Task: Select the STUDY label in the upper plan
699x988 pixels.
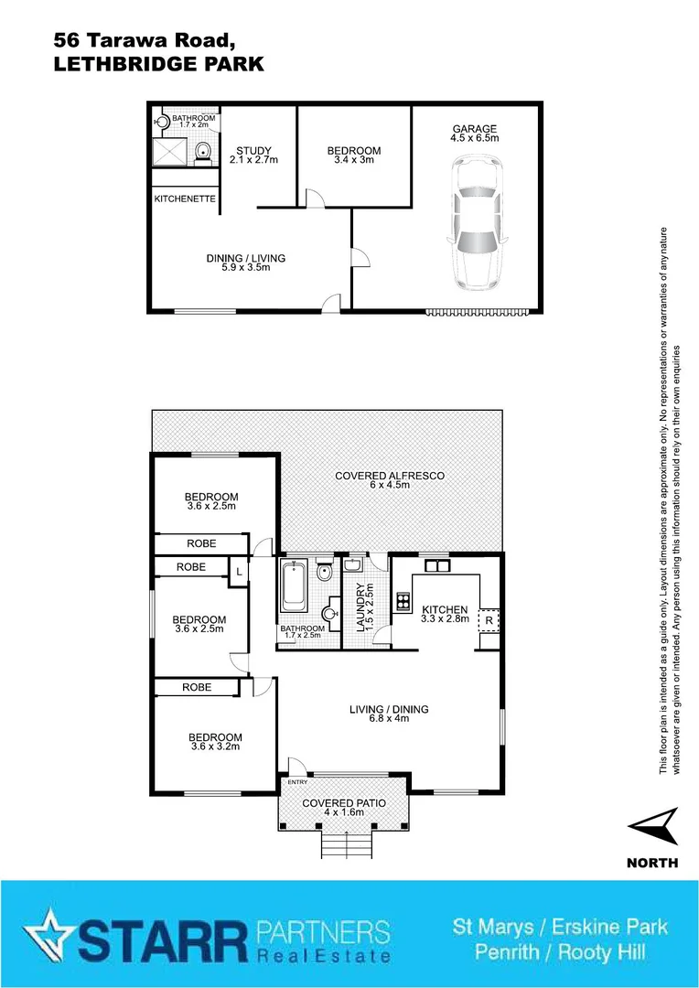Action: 253,151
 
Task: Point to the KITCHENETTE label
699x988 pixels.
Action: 185,199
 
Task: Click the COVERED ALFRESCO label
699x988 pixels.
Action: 390,476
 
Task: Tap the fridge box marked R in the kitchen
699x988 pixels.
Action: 489,621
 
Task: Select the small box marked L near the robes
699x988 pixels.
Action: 238,572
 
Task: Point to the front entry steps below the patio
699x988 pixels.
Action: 346,845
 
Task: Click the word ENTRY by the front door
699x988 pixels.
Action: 298,782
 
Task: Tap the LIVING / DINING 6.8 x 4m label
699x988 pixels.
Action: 389,714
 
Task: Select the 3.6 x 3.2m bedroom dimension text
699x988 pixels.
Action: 215,746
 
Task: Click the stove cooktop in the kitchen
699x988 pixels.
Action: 401,601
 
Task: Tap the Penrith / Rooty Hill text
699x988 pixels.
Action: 560,952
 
